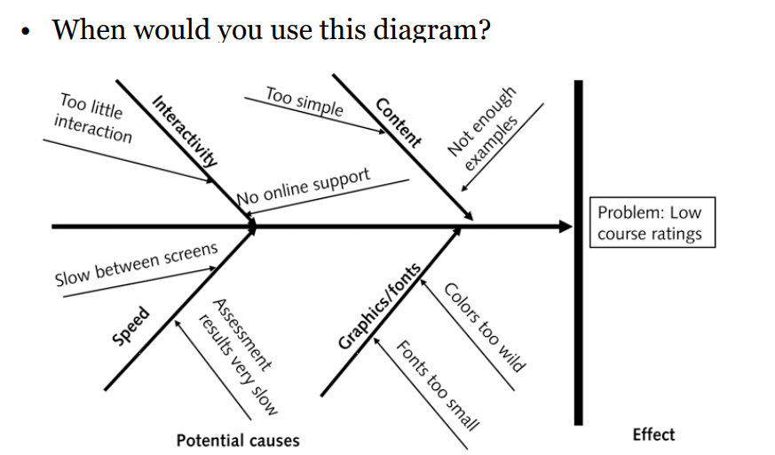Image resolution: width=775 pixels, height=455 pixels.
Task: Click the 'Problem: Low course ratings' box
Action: (650, 223)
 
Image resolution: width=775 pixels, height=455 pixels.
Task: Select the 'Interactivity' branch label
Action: (185, 131)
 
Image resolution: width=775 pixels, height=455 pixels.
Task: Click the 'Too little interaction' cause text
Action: (92, 118)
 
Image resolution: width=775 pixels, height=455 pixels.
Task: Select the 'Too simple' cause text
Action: (304, 101)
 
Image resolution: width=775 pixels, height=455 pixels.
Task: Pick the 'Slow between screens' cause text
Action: (136, 264)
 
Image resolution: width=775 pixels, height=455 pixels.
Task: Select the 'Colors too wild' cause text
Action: (485, 326)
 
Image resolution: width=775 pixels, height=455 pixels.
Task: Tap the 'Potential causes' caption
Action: (238, 440)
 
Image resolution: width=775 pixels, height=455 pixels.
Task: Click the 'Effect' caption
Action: (653, 434)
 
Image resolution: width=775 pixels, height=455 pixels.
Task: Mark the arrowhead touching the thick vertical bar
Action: (565, 227)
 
